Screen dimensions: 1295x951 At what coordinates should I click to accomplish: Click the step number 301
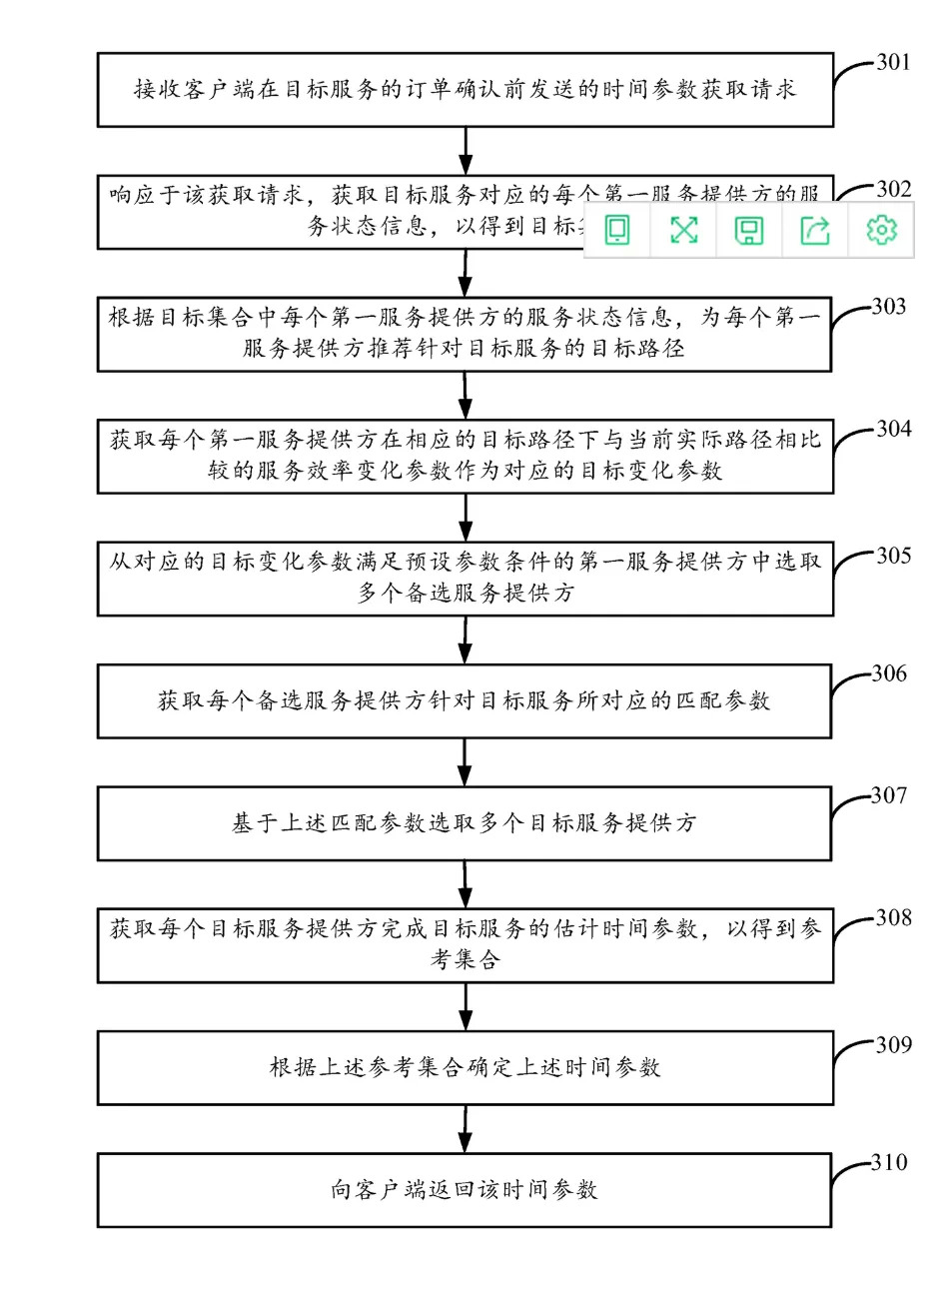tap(893, 62)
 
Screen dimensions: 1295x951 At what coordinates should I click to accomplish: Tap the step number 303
tap(888, 306)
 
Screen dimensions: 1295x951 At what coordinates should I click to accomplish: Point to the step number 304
tap(893, 429)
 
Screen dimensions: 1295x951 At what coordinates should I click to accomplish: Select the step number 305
tap(893, 556)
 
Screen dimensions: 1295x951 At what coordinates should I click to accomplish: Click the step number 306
tap(888, 673)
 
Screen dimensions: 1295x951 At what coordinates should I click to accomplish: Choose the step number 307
tap(888, 795)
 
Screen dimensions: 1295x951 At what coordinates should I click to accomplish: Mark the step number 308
tap(893, 917)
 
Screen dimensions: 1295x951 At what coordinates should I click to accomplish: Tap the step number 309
tap(893, 1044)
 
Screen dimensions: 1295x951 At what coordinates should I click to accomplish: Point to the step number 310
tap(888, 1162)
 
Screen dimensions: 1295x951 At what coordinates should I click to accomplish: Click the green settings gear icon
tap(881, 231)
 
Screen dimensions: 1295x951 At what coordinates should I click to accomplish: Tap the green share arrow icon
tap(815, 231)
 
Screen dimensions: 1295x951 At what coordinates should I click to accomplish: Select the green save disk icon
tap(749, 231)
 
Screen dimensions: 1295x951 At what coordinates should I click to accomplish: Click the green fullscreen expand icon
tap(683, 231)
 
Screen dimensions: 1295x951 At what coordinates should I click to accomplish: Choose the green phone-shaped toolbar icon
tap(617, 231)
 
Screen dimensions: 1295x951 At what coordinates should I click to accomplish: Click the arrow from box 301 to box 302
tap(466, 151)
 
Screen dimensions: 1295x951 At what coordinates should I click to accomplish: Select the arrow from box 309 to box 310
tap(466, 1129)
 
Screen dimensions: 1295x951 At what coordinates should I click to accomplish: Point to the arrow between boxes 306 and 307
tap(466, 762)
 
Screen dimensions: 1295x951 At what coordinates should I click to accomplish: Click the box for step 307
tap(465, 823)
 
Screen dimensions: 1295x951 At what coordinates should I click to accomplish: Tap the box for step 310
tap(465, 1190)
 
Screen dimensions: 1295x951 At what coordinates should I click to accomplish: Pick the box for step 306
tap(465, 701)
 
